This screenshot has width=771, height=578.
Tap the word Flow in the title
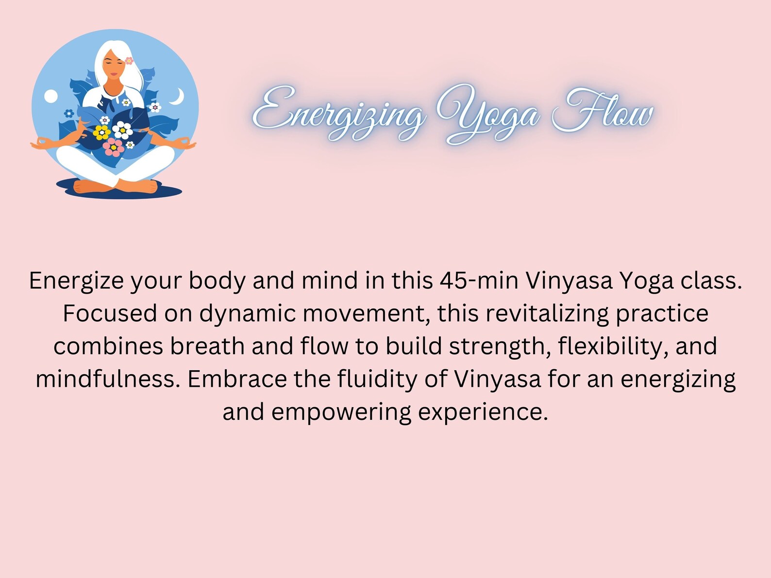603,113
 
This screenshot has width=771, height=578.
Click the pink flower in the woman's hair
129,61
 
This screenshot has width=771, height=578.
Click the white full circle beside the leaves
51,97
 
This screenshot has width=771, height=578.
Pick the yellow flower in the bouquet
102,132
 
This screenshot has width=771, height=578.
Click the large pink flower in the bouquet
114,147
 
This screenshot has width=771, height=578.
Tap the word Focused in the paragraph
110,314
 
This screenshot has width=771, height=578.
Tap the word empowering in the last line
341,412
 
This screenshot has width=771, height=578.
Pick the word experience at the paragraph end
483,412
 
